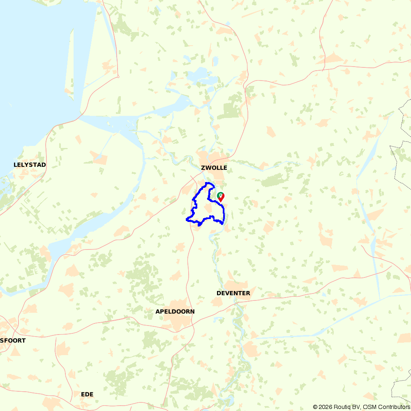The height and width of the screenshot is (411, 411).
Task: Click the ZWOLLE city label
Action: [214, 168]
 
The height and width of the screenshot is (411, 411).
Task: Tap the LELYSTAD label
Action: [30, 165]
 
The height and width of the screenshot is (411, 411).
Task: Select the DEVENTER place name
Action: [233, 293]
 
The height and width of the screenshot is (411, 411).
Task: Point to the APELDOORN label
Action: [175, 312]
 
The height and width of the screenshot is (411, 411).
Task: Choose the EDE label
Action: [87, 394]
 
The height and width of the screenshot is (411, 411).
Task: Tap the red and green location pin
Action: [221, 197]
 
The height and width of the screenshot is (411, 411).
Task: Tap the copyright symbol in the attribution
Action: [315, 407]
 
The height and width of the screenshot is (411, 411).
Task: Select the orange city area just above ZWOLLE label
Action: [210, 158]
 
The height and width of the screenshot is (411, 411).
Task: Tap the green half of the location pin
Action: [219, 195]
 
